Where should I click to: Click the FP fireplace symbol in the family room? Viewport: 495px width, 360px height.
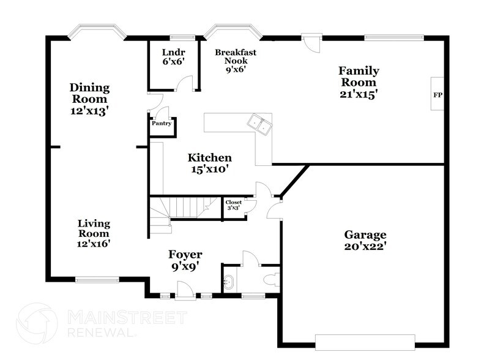coord(437,95)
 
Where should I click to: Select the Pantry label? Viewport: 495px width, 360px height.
coord(160,123)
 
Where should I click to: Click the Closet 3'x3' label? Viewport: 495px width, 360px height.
coord(233,205)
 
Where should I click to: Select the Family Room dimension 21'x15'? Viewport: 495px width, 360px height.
coord(359,94)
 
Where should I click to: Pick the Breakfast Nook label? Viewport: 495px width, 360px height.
coord(235,56)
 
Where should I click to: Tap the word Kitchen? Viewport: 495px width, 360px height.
coord(209,157)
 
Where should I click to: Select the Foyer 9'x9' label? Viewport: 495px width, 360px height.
coord(185,260)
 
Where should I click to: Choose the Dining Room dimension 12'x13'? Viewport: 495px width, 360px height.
coord(89,111)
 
